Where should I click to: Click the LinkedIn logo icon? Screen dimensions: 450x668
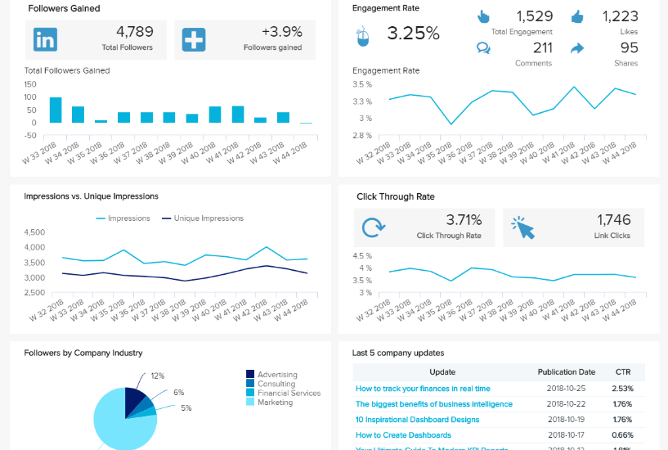[45, 39]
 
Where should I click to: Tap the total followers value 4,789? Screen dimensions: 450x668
[134, 32]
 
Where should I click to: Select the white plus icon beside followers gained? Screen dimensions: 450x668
[194, 39]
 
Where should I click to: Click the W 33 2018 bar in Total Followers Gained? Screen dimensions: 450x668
[56, 110]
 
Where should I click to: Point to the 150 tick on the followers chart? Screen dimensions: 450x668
[30, 83]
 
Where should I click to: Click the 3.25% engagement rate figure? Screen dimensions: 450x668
[413, 34]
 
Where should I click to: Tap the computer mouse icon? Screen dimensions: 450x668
[364, 36]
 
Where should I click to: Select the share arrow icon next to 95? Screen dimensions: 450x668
[577, 48]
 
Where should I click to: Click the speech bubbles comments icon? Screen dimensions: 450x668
[484, 48]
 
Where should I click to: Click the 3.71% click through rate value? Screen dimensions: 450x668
[464, 219]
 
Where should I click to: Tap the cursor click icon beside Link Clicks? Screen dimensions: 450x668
[522, 227]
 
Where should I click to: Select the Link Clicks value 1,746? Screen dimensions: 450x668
[614, 219]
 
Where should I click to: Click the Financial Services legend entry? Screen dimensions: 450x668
[289, 393]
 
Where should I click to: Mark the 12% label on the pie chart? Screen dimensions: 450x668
[158, 376]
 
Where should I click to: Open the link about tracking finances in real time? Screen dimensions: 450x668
[423, 389]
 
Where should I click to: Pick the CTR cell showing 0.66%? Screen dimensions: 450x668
[622, 435]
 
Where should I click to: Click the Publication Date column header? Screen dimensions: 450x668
[567, 371]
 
